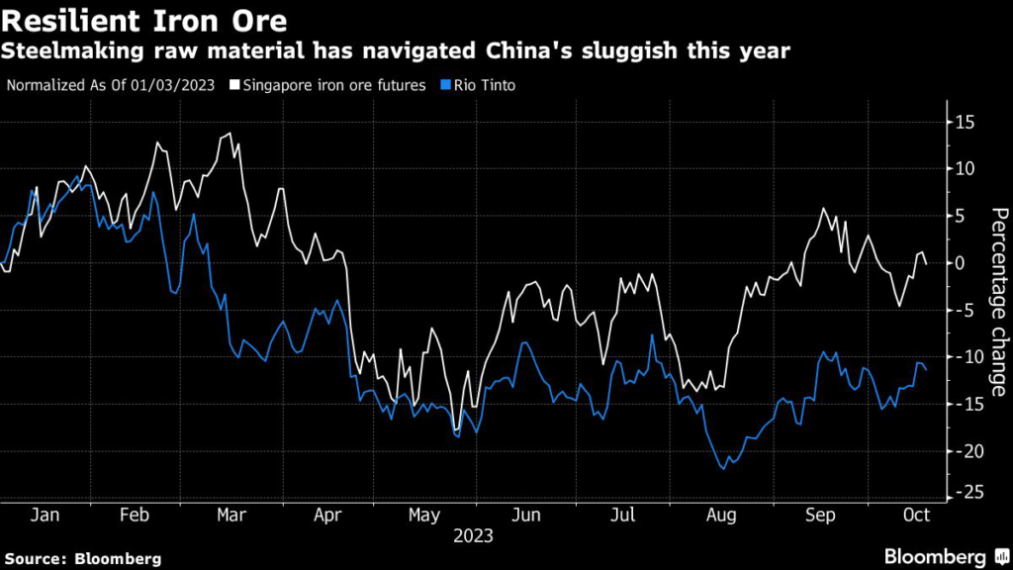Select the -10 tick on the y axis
(966, 356)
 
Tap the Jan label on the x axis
(46, 516)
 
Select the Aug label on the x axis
(722, 516)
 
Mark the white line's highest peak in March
(230, 134)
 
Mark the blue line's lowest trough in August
(724, 469)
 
